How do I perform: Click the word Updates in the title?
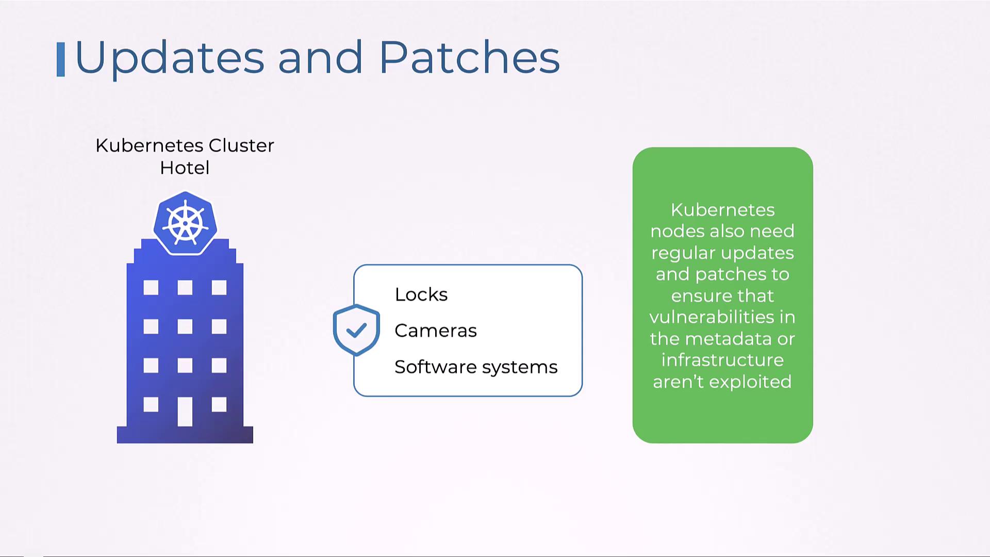coord(170,58)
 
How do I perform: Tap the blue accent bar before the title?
coord(61,59)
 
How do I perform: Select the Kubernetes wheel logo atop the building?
coord(185,224)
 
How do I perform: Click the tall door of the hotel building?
coord(185,411)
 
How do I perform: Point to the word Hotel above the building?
coord(185,168)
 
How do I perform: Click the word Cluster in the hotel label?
coord(241,145)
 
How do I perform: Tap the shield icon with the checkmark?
coord(356,330)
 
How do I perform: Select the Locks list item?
coord(421,294)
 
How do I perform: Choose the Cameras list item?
coord(436,331)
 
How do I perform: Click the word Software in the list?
coord(435,367)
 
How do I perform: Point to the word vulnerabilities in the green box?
coord(714,317)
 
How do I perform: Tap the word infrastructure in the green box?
coord(722,360)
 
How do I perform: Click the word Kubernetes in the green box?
coord(722,210)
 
